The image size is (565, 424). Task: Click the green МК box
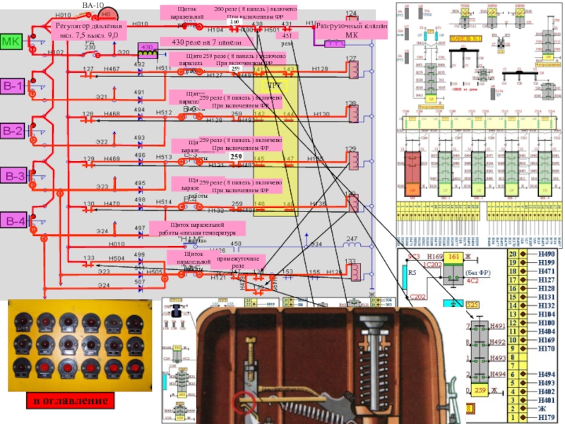point(12,42)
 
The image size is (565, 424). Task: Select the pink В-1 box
point(14,87)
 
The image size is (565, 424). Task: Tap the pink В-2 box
point(14,131)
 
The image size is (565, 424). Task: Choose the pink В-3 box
point(14,176)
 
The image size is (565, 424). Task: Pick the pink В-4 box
point(14,221)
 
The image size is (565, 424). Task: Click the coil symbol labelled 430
point(147,47)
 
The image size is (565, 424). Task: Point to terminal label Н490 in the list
point(547,254)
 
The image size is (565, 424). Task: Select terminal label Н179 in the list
point(547,418)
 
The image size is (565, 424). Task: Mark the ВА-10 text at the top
point(93,4)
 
